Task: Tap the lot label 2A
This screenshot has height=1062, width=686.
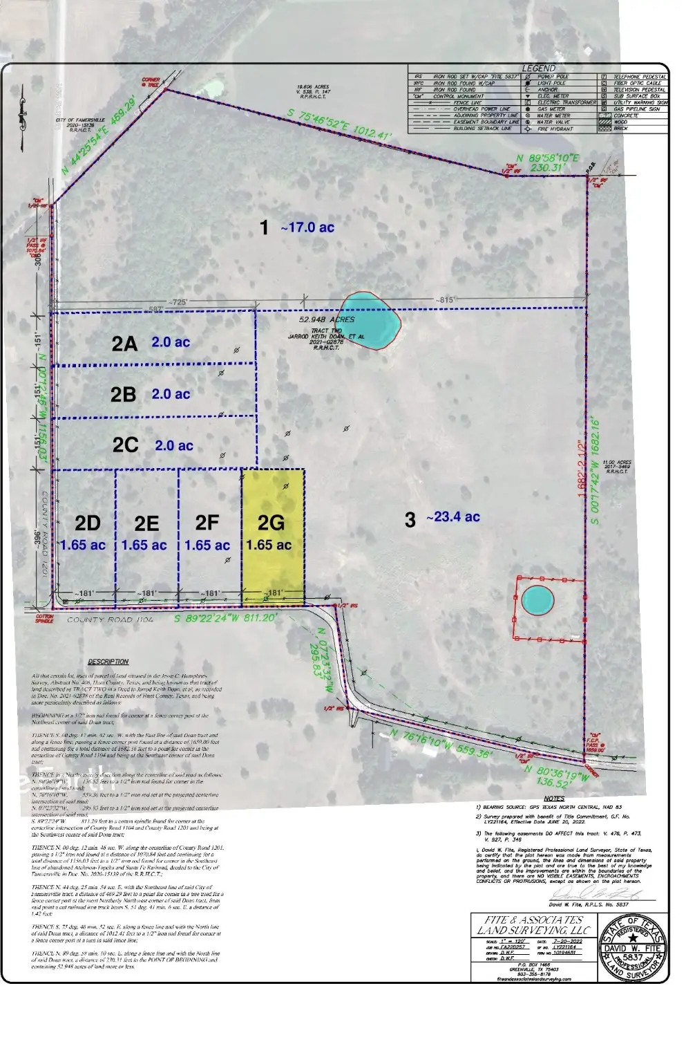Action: click(124, 343)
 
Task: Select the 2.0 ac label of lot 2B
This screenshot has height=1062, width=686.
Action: click(171, 394)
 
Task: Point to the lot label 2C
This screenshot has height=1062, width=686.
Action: click(126, 445)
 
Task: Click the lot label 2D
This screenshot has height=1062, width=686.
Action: click(88, 523)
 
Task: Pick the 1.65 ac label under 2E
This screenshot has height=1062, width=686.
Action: click(144, 546)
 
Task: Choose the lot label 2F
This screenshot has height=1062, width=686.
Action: click(207, 523)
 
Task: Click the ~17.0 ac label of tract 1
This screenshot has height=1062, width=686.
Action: click(307, 227)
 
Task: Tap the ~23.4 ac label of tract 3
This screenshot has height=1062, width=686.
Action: click(452, 517)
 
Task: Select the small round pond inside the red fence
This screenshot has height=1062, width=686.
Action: click(537, 600)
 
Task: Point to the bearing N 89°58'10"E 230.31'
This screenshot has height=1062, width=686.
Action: click(546, 162)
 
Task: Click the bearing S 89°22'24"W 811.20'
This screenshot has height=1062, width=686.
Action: click(225, 618)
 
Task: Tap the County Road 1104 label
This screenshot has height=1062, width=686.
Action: click(110, 620)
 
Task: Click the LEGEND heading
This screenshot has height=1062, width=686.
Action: click(538, 68)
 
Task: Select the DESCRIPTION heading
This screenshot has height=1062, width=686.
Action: click(108, 662)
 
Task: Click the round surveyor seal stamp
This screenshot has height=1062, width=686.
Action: click(633, 947)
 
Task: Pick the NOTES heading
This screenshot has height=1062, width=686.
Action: click(553, 799)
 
